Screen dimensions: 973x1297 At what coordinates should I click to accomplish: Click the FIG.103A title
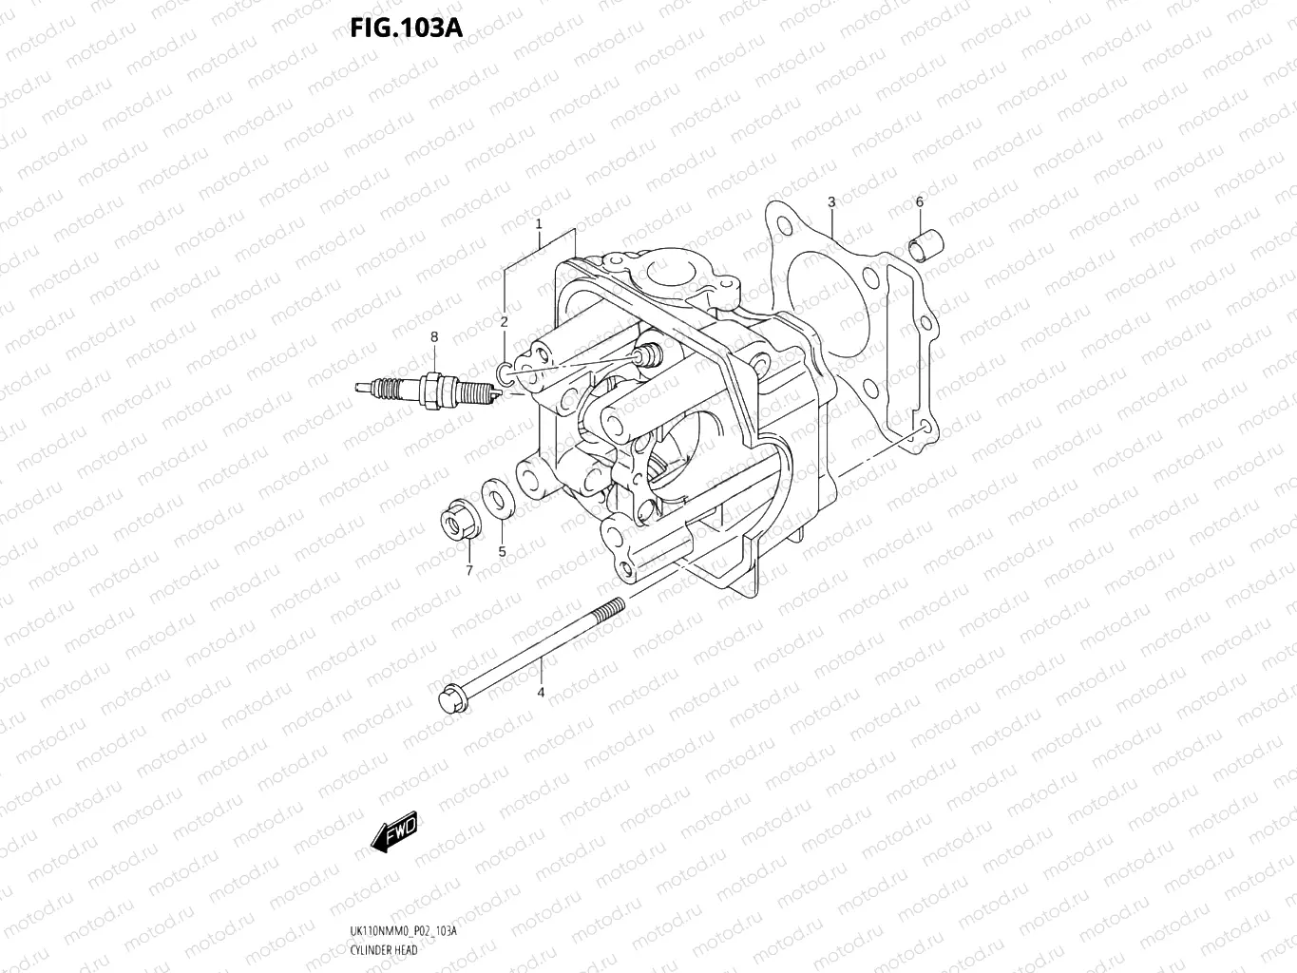click(x=406, y=28)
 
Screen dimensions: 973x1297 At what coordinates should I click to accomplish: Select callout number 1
click(x=538, y=224)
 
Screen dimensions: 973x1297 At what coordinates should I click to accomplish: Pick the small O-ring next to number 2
click(x=505, y=372)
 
